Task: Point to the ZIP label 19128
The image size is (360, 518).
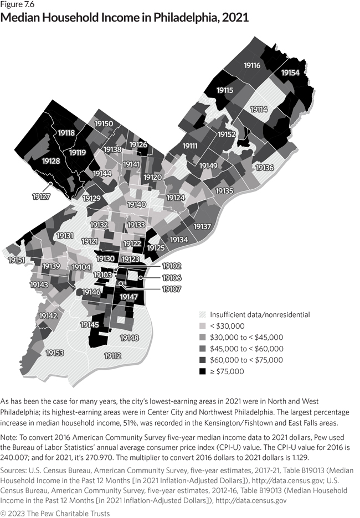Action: [52, 160]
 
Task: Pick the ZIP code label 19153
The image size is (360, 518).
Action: [55, 353]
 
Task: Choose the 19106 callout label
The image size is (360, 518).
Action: [172, 277]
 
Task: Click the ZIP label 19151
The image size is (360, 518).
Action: [16, 260]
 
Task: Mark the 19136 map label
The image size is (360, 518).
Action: [264, 168]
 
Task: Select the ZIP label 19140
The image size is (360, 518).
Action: [136, 205]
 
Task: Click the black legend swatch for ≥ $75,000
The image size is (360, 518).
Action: [203, 371]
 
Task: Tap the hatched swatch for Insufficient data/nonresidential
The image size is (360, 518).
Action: [203, 314]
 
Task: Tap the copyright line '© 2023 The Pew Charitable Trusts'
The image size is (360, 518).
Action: [55, 512]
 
